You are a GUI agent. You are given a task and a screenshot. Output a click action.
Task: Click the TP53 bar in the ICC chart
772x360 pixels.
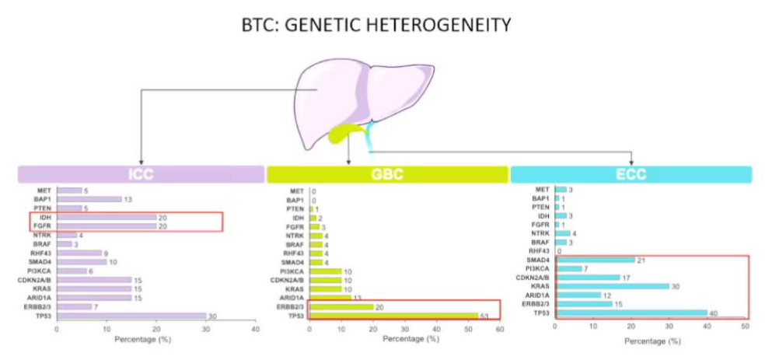pos(131,316)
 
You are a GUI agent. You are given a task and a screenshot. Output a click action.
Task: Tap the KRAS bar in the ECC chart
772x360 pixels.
pos(611,286)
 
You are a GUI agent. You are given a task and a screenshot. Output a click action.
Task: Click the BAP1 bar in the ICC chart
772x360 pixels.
pos(89,199)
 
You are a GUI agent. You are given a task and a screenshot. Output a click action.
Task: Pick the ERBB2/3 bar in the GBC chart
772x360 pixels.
pos(341,306)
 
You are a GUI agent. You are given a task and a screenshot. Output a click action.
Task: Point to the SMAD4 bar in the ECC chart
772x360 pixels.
pos(594,260)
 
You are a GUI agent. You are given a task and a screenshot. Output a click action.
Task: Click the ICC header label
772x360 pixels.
pos(141,175)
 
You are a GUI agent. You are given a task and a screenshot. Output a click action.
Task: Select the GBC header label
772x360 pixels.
pos(387,175)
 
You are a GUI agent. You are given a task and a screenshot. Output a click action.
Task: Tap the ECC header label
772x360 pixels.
pos(631,175)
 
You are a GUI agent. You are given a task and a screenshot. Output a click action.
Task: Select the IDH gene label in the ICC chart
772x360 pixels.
pos(45,218)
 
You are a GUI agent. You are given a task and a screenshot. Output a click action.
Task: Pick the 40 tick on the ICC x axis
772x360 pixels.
pos(257,330)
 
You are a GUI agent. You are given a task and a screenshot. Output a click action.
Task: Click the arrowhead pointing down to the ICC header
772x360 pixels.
pos(141,160)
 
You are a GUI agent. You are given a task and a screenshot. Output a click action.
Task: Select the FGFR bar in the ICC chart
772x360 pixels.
pos(106,226)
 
